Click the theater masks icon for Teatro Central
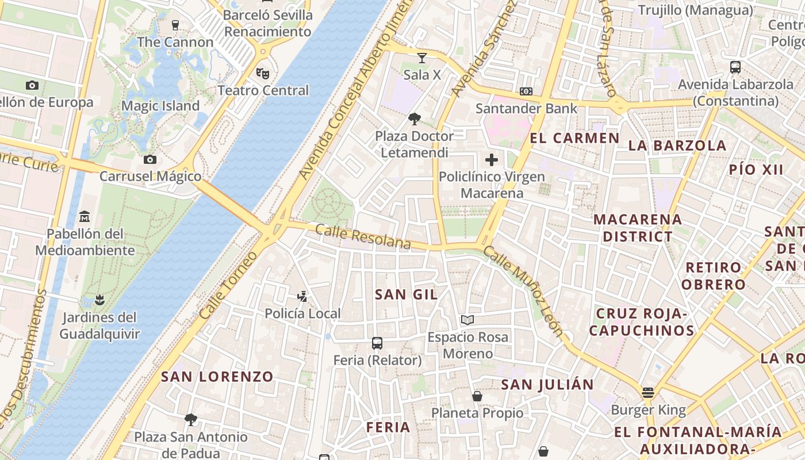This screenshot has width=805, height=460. pos(263,73)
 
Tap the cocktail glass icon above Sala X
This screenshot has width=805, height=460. pos(422,57)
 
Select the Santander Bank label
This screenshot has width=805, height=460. pos(526,108)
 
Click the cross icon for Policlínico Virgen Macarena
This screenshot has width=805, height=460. pos(492,160)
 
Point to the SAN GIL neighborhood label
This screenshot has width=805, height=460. pos(406,294)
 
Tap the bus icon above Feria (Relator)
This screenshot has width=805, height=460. pos(377,343)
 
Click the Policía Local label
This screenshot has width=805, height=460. pos(302,313)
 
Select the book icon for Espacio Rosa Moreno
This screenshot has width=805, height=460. pos(467,320)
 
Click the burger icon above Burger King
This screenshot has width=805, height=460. pos(648,393)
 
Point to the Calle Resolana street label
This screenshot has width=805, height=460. pos(363,237)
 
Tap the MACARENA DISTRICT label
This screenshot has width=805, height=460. pos(638,228)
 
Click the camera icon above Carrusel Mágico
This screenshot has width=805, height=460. pos(150,159)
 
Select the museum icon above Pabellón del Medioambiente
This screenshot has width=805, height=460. pos(85,217)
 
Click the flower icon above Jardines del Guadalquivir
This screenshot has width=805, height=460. pos(99,300)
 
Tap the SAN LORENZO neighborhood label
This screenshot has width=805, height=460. pos(217,377)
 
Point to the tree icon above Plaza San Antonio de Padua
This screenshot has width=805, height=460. pos(191,419)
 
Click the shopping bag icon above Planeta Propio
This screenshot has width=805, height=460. pos(477,396)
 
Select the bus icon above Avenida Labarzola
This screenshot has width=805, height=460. pos(735,67)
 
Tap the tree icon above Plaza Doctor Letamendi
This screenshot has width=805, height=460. pos(414,119)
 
